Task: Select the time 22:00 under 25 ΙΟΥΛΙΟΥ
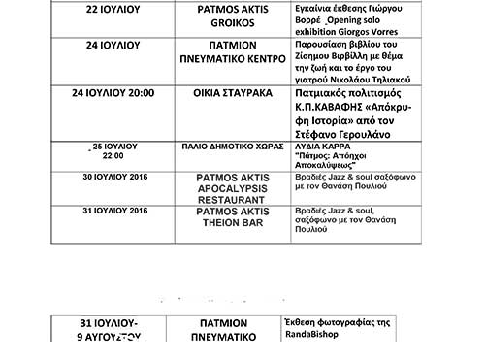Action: (113, 155)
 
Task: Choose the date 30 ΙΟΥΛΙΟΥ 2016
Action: (114, 179)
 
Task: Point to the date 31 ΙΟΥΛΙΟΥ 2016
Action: (114, 211)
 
